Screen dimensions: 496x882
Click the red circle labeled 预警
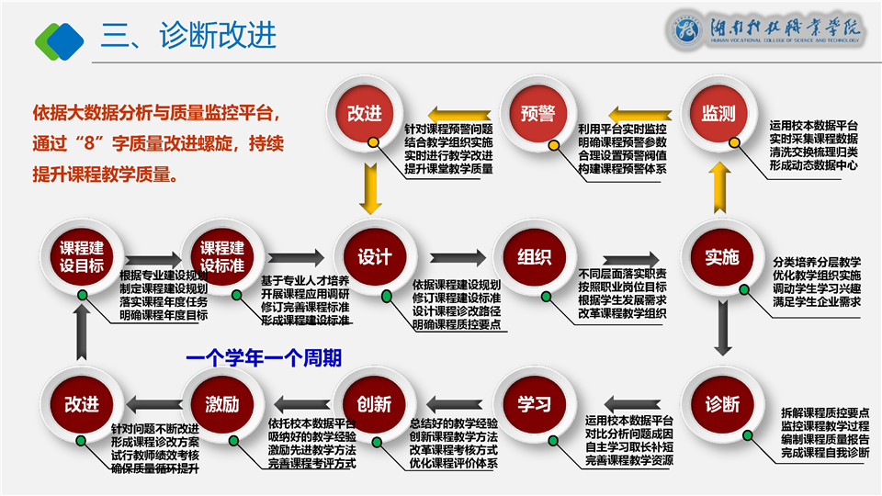pos(537,113)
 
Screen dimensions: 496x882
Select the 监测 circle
pos(718,114)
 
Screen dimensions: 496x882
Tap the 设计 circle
pos(375,257)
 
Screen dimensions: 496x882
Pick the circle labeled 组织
pos(534,257)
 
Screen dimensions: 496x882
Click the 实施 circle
pos(722,257)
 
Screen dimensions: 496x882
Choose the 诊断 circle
pos(722,404)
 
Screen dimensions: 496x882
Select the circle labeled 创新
pos(375,404)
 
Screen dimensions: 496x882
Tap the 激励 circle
pos(222,404)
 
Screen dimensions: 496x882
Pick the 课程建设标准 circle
pos(222,257)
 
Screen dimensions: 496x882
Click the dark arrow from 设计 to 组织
pos(456,258)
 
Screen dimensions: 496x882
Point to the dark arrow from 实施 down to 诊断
pos(723,328)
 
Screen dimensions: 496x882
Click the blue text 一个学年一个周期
pos(263,356)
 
